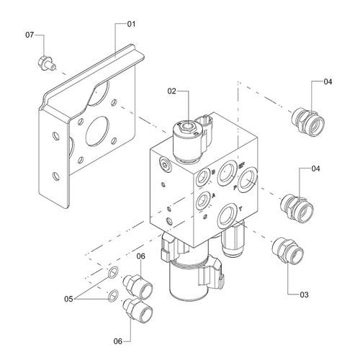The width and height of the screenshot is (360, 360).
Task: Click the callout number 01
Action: point(131,24)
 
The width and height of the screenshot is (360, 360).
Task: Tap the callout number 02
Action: point(171,91)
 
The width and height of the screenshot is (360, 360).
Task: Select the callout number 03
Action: point(304,294)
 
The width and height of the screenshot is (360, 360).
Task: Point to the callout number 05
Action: point(68,299)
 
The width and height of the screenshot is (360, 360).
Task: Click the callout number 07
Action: point(30,35)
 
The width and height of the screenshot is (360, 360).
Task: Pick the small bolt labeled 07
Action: point(47,63)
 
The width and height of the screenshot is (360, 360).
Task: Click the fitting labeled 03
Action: point(288,251)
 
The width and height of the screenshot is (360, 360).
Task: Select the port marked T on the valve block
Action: point(227,216)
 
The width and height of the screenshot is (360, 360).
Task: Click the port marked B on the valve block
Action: point(203,177)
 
